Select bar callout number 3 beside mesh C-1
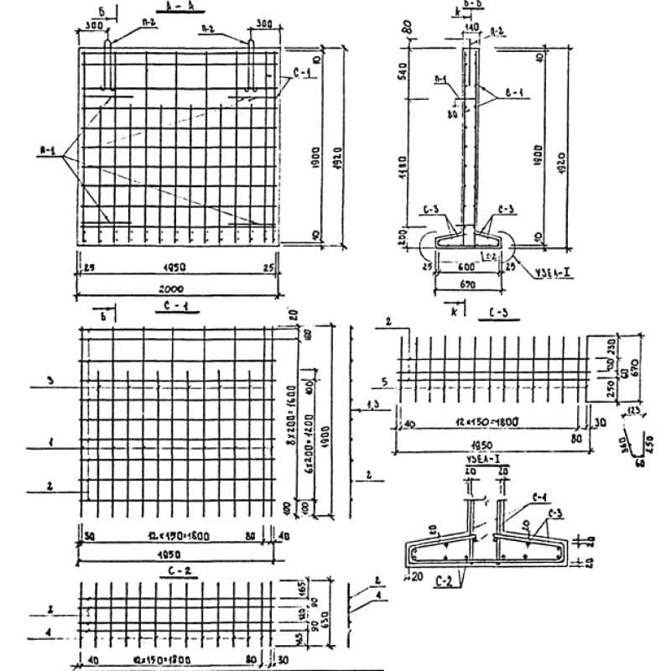[x=51, y=382]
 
